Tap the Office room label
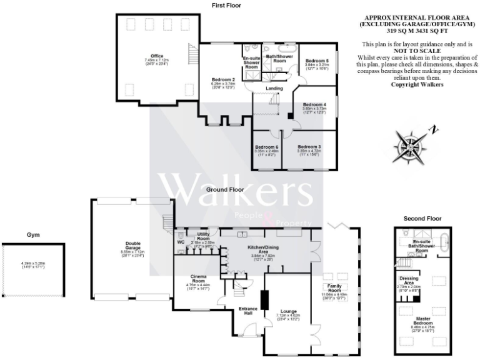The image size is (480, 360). [152, 56]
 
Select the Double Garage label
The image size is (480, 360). [131, 246]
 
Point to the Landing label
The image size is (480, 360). [274, 88]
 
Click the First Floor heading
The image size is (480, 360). [226, 5]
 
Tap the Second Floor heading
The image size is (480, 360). [422, 219]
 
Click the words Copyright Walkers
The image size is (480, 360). [417, 84]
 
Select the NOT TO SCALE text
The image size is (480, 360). [417, 51]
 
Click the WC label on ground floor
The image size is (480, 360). [181, 241]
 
